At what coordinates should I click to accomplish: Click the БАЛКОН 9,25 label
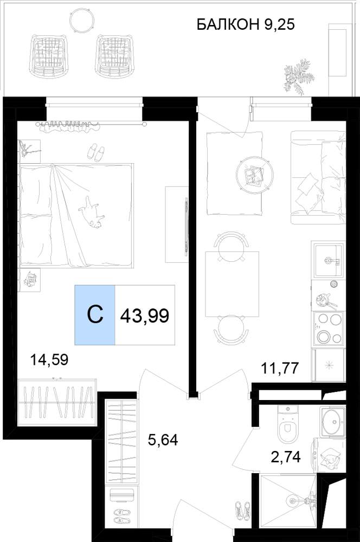coord(246,24)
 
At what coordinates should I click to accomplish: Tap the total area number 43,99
coord(145,315)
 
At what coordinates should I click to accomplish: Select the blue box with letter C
coord(95,315)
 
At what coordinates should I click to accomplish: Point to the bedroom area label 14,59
coord(49,360)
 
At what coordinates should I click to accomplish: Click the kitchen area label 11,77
coord(279,368)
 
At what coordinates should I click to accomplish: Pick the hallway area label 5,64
coord(163,440)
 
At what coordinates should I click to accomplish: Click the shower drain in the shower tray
coord(292,500)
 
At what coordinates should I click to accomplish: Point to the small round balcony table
coord(82,20)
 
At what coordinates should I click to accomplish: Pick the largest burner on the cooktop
coord(325,337)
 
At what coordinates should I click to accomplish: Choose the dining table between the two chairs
coord(232,284)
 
